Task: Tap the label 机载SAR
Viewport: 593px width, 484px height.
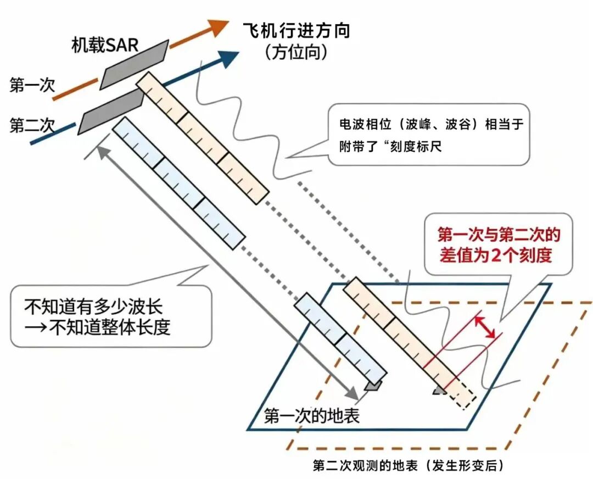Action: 105,45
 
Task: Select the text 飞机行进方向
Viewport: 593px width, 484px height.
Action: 296,31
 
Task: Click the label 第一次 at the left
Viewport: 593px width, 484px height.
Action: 32,85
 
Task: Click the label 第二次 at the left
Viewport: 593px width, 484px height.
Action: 32,125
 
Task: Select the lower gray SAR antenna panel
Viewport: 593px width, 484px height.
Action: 111,113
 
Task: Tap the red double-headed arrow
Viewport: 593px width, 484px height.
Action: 485,327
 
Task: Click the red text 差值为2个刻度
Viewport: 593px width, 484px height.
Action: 495,256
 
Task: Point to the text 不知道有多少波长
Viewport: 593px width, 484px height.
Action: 93,306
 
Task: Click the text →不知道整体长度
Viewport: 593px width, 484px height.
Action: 97,327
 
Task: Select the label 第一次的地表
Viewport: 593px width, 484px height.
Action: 312,416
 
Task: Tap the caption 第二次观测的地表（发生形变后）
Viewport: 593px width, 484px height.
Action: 409,465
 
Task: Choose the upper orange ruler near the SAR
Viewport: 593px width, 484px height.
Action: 202,138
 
